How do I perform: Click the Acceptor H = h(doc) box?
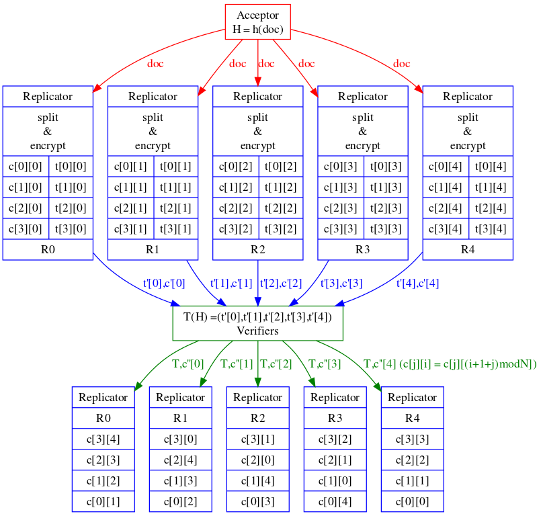[258, 22]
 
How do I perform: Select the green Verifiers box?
[258, 324]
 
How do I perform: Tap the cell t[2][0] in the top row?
[71, 208]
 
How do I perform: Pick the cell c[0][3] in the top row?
[341, 166]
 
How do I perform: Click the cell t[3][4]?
[491, 228]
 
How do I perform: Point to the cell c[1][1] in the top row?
[131, 187]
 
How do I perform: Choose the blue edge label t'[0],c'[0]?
[164, 284]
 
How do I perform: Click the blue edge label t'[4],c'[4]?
[417, 284]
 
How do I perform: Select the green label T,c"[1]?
[237, 364]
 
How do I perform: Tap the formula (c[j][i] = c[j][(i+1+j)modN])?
[468, 364]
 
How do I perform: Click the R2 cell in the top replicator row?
[258, 249]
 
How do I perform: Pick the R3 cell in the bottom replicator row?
[335, 418]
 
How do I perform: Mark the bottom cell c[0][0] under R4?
[413, 501]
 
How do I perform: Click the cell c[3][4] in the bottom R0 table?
[103, 439]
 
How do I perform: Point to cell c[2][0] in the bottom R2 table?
[258, 460]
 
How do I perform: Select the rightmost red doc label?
[402, 64]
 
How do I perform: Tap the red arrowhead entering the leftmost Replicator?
[96, 88]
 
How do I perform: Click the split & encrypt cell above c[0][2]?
[258, 132]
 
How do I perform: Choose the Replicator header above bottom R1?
[181, 397]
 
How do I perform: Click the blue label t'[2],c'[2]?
[281, 284]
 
